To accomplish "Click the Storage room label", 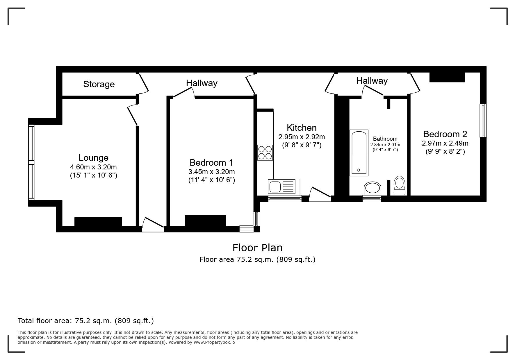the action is (x=99, y=84).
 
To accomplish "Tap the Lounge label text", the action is (x=93, y=158).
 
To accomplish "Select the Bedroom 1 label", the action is (x=211, y=162).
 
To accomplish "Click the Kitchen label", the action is (x=302, y=128).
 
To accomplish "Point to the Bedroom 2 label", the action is (x=445, y=134).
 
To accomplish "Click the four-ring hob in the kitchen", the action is (x=265, y=153).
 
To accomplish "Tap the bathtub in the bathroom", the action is (x=359, y=153).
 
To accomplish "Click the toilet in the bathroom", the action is (x=399, y=185).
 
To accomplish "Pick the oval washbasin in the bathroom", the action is (x=372, y=188).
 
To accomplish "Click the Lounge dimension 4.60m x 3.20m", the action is (x=93, y=167).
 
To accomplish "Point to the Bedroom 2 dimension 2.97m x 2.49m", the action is (x=445, y=143).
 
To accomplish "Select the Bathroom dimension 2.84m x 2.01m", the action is (x=385, y=145).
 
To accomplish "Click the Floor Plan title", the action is (x=257, y=248).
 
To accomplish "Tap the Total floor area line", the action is (x=86, y=321).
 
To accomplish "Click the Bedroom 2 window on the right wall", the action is (x=483, y=120).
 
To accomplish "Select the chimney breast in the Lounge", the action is (x=98, y=221).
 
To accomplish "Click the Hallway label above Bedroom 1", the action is (x=202, y=83).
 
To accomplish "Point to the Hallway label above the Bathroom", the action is (x=372, y=80).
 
